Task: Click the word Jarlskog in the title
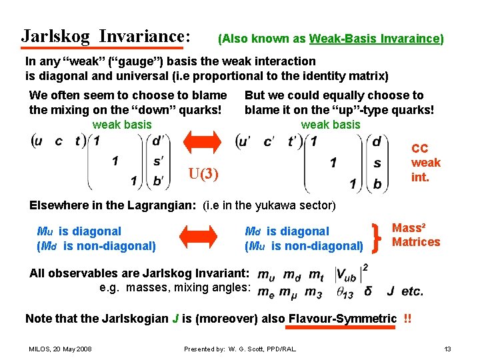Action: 55,35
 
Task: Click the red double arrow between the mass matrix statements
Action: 201,238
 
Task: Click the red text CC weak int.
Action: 425,163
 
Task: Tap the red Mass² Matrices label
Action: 416,235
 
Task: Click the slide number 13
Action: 447,349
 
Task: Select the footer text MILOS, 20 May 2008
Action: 60,349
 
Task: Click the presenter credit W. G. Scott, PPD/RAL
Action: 240,349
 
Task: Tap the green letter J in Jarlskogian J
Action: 175,318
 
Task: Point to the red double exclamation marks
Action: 407,318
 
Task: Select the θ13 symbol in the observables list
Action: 345,291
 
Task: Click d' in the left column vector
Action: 159,141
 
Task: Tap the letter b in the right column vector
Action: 377,183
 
